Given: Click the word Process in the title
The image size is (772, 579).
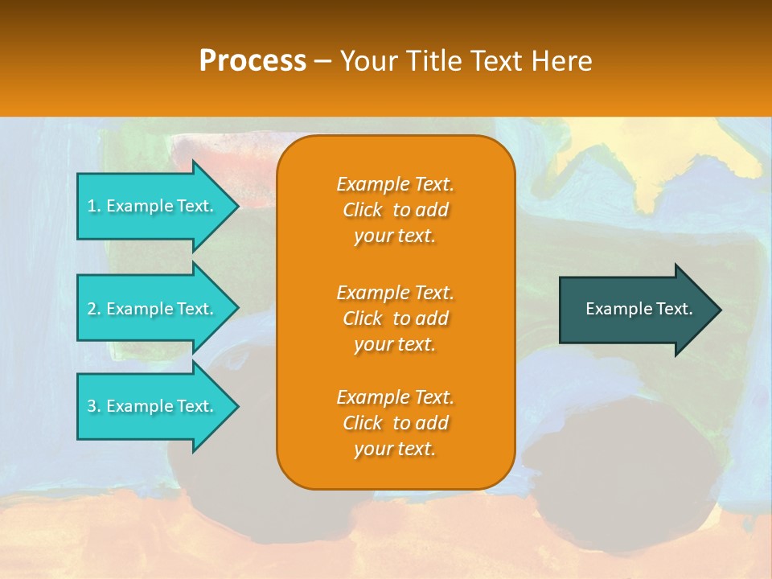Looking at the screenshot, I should click(253, 61).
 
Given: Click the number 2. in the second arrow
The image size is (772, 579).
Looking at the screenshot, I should click(94, 309).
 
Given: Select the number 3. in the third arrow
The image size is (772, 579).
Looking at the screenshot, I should click(94, 406).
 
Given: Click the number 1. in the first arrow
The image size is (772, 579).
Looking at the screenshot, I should click(94, 206).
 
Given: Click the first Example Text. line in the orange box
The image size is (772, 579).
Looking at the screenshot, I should click(395, 184).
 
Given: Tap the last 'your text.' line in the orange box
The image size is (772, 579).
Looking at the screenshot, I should click(395, 449).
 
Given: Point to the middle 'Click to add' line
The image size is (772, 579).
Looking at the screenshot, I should click(395, 318).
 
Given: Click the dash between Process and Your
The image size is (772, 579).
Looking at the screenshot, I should click(322, 61).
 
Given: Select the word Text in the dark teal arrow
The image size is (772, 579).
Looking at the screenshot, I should click(674, 309).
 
